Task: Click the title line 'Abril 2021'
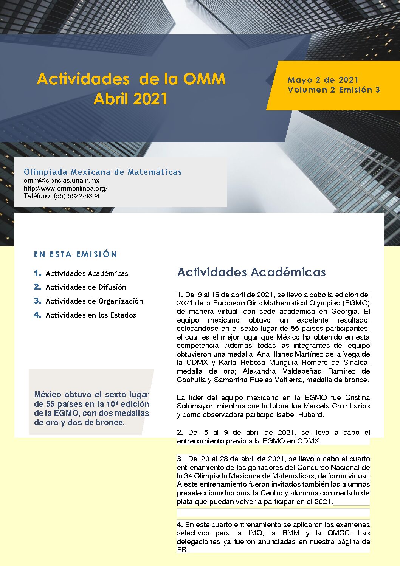click(x=130, y=99)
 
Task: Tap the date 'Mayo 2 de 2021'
click(x=323, y=80)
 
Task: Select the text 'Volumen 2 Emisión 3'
click(x=333, y=90)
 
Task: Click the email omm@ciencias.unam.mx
click(x=61, y=180)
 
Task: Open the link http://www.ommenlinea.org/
click(x=65, y=188)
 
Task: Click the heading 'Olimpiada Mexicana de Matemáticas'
click(x=102, y=172)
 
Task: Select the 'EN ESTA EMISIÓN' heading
click(x=75, y=254)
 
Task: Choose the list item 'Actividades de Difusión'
click(x=86, y=287)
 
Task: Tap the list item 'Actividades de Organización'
click(x=94, y=301)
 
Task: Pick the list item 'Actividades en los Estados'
click(x=91, y=315)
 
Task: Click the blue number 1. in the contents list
click(x=37, y=273)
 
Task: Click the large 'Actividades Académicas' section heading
click(x=251, y=272)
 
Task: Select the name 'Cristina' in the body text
click(x=357, y=397)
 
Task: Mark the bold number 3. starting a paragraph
click(x=180, y=459)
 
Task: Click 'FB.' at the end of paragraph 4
click(x=182, y=550)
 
